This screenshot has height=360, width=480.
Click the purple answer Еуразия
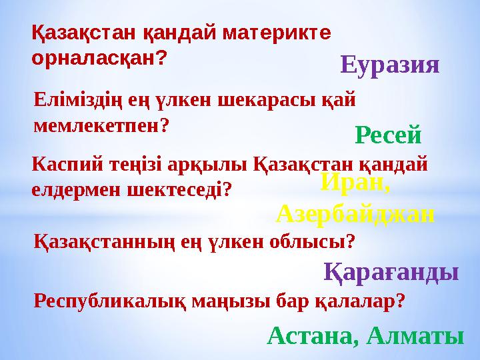[x=390, y=65]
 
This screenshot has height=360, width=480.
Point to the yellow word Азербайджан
[x=355, y=213]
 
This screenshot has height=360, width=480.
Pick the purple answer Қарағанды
[x=391, y=272]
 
